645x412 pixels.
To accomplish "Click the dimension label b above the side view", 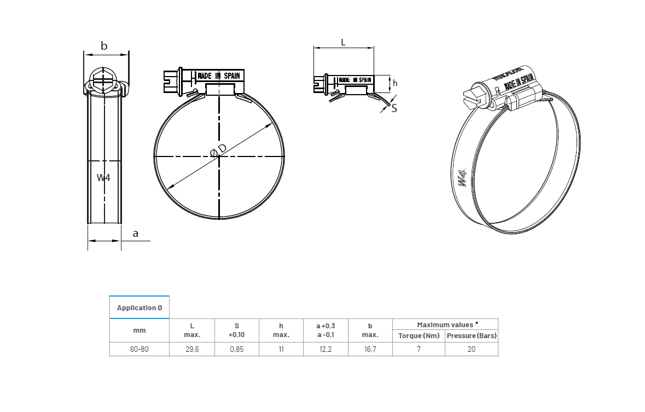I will click(104, 46).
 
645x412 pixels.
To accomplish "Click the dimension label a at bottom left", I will click(136, 234).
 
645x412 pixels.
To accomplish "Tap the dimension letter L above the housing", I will click(343, 42).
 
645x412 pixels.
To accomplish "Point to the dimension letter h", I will click(395, 83).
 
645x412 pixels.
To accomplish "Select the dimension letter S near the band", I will click(394, 108).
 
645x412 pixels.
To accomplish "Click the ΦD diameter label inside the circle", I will click(218, 150).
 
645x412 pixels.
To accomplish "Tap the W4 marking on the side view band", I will click(103, 177).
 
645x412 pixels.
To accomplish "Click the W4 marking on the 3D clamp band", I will click(463, 178).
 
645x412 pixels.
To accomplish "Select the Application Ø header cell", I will click(139, 307).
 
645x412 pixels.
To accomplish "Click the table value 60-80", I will click(139, 349).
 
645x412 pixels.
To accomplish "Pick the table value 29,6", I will click(192, 349).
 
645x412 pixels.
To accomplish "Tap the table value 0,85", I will click(236, 349).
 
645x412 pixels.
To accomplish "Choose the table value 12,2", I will click(326, 349).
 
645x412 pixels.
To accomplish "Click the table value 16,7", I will click(370, 349).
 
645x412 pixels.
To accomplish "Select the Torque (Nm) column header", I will click(419, 335).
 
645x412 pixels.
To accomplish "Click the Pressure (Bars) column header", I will click(472, 335).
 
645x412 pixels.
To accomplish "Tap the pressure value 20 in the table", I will click(471, 349).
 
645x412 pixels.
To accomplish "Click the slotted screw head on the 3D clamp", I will click(474, 97).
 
